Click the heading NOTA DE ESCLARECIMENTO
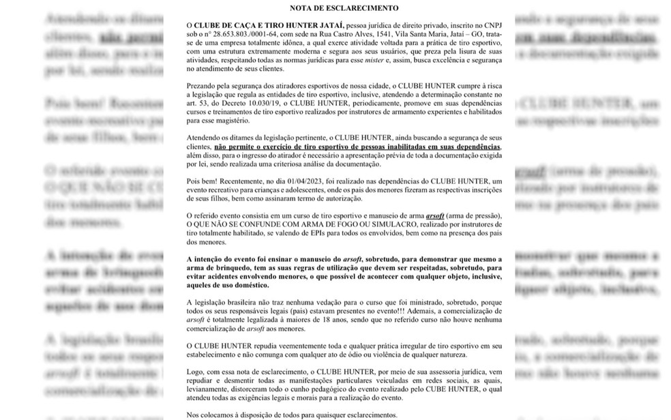tap(335, 8)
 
